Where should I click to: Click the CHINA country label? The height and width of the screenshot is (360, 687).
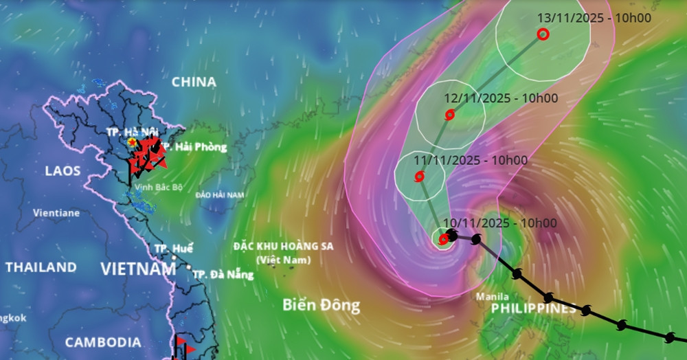tap(194, 82)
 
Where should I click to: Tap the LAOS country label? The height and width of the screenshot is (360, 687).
tap(63, 170)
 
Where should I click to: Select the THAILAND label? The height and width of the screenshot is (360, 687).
tap(41, 267)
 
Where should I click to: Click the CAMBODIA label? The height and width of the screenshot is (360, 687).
tap(103, 342)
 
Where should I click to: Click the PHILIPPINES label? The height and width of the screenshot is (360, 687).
tap(534, 309)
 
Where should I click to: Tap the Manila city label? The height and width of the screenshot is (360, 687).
tap(493, 297)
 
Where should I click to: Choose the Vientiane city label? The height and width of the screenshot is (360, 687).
tap(56, 213)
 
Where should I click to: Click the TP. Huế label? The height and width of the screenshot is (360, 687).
tap(174, 249)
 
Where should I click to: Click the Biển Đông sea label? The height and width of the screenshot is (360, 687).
tap(321, 306)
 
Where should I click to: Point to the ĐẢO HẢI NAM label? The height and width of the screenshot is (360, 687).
tap(219, 195)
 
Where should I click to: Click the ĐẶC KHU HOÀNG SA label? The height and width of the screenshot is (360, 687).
tap(283, 246)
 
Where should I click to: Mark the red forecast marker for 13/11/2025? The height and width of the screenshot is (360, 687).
tap(543, 34)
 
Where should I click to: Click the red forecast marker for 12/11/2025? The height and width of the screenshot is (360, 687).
tap(449, 115)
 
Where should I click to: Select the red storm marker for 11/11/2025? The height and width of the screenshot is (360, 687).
tap(420, 177)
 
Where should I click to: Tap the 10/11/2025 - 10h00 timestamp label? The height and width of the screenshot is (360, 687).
tap(500, 223)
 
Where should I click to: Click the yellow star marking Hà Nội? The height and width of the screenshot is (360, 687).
tap(131, 142)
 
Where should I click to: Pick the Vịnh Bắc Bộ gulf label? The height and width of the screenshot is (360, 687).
tap(159, 188)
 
